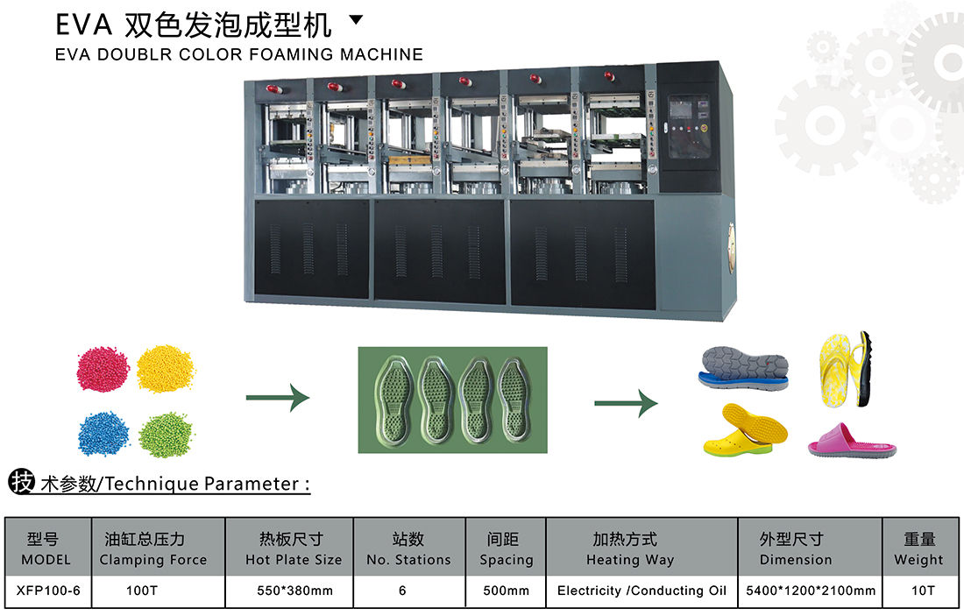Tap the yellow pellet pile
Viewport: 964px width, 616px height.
pyautogui.click(x=165, y=367)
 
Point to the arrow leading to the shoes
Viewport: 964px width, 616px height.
pyautogui.click(x=626, y=403)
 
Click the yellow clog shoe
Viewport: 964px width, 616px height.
pyautogui.click(x=745, y=430)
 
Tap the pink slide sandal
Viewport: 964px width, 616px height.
pyautogui.click(x=851, y=440)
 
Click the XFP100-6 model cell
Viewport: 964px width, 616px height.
pyautogui.click(x=48, y=591)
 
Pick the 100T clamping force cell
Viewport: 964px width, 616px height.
pyautogui.click(x=142, y=591)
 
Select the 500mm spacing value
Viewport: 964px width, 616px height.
pyautogui.click(x=506, y=591)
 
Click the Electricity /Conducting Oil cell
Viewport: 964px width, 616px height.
pyautogui.click(x=641, y=591)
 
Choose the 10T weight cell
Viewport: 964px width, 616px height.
pyautogui.click(x=922, y=591)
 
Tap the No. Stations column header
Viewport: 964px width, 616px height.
pyautogui.click(x=408, y=549)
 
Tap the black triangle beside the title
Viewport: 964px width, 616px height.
pyautogui.click(x=356, y=18)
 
